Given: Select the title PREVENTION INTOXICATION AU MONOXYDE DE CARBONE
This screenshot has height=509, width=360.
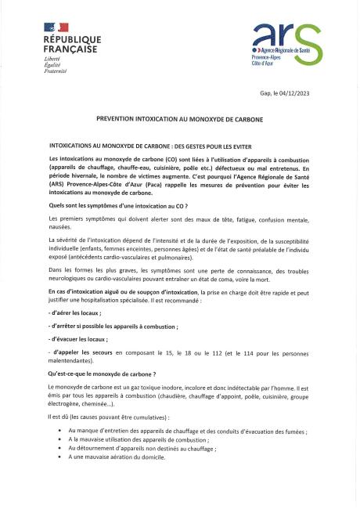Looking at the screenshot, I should [x=179, y=120].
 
